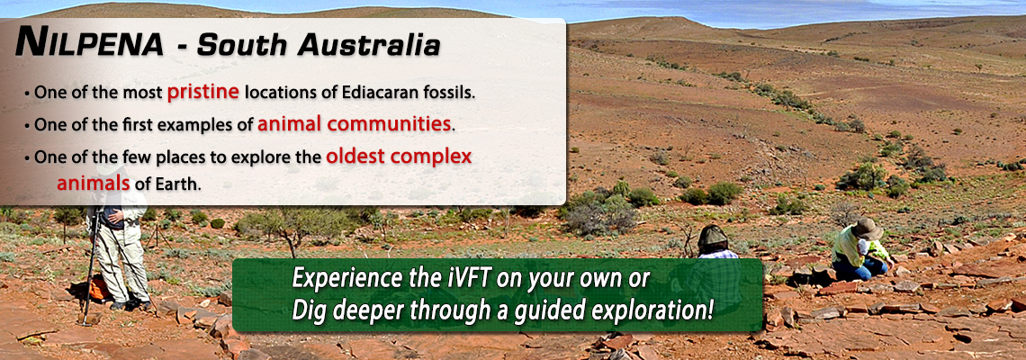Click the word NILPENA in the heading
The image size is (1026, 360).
[x=89, y=44]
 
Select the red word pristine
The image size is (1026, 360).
[x=202, y=93]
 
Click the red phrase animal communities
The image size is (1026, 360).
[x=354, y=123]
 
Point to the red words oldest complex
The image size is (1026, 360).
[x=399, y=157]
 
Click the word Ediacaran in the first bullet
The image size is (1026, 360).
[x=372, y=93]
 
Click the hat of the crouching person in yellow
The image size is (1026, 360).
[x=867, y=229]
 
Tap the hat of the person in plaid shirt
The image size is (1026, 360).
[x=712, y=237]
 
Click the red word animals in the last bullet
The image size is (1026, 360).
[x=94, y=184]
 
